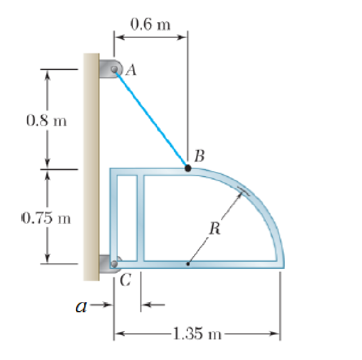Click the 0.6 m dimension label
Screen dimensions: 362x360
pos(150,24)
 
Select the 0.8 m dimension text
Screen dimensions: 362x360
pos(46,120)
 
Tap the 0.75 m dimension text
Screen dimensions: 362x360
pos(46,218)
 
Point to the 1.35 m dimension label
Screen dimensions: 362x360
pos(197,333)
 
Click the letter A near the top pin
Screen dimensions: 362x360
pos(131,69)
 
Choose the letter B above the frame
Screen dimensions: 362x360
pos(200,156)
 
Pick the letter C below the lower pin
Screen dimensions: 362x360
pos(126,279)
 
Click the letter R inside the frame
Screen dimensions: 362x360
pos(215,228)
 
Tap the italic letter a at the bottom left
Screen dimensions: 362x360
pos(82,307)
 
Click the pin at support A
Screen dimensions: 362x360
pos(114,69)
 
